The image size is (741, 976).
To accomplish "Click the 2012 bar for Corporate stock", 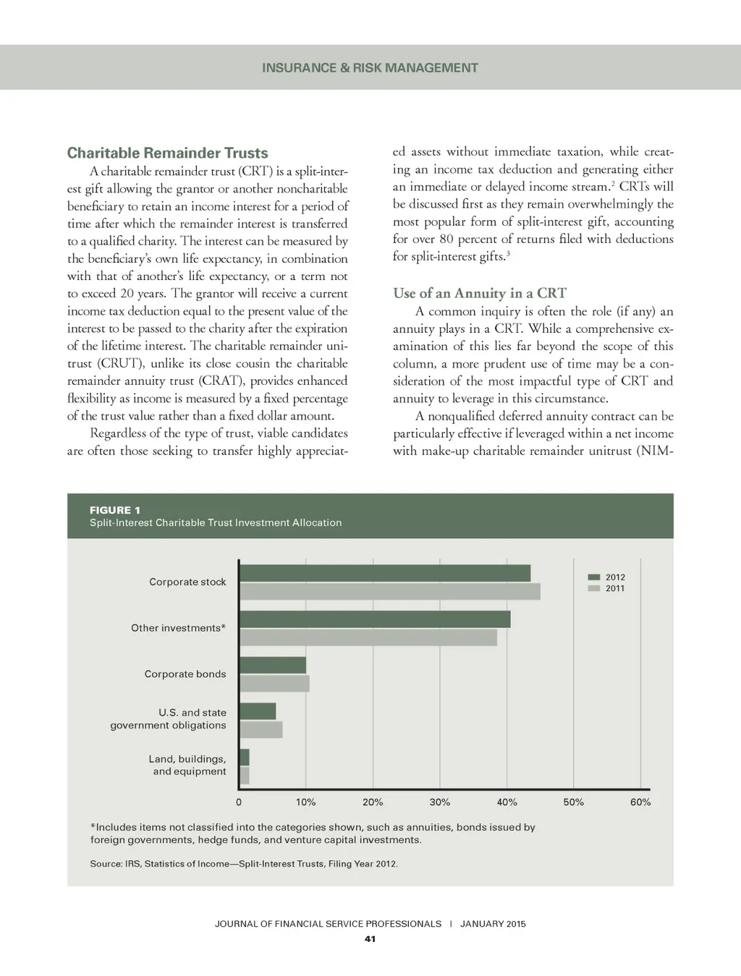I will (x=384, y=573).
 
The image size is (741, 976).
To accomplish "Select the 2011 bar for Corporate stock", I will (x=389, y=591).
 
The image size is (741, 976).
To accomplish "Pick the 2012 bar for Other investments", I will (x=374, y=619).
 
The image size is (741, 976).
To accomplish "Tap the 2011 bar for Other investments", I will (x=368, y=637).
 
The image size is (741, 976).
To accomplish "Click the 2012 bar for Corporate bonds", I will (x=272, y=665).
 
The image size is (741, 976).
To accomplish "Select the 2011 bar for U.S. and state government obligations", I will (x=261, y=729).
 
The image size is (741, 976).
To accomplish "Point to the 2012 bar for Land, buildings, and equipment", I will (x=244, y=758).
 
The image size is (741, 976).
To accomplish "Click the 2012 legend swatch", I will (x=594, y=577).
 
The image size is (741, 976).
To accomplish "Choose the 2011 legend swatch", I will (x=594, y=588).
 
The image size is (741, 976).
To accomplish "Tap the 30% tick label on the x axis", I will (x=439, y=802).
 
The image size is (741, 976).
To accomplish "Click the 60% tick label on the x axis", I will (x=640, y=802).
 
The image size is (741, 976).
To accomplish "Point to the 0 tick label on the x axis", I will (x=239, y=802).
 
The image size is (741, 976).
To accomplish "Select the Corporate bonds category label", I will (x=185, y=674).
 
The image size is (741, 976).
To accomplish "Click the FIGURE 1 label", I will (x=115, y=510).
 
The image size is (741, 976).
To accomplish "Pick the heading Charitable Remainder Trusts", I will (x=167, y=153).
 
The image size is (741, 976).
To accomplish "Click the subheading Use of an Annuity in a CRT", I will (x=479, y=293).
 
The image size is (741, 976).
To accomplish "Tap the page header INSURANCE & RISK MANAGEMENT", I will (x=370, y=68).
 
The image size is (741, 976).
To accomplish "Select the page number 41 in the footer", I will (x=370, y=939).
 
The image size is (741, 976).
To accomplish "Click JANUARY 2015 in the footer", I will (x=493, y=924).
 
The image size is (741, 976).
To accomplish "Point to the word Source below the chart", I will (x=105, y=864).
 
